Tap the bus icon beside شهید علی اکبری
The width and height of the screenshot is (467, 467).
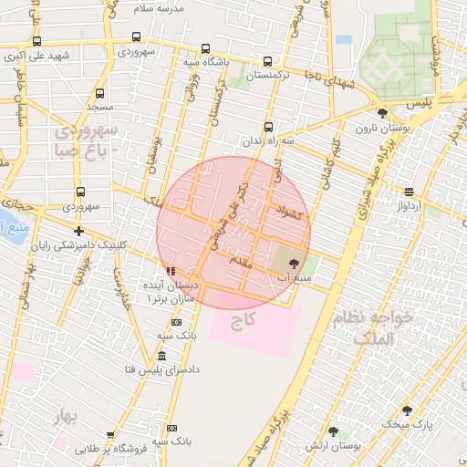pyautogui.click(x=36, y=41)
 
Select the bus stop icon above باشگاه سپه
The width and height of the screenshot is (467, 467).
pyautogui.click(x=206, y=48)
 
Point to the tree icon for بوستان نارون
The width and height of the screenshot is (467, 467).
pyautogui.click(x=381, y=113)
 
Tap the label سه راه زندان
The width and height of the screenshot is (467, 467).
pyautogui.click(x=267, y=142)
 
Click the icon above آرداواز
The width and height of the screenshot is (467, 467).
pyautogui.click(x=408, y=192)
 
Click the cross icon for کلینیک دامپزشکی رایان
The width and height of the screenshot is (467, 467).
pyautogui.click(x=79, y=232)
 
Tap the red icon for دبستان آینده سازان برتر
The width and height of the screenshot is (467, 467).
pyautogui.click(x=171, y=271)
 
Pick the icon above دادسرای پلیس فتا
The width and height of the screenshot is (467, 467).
pyautogui.click(x=161, y=356)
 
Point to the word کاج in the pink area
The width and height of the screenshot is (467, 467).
pyautogui.click(x=243, y=320)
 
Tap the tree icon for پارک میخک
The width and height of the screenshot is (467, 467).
pyautogui.click(x=407, y=410)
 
